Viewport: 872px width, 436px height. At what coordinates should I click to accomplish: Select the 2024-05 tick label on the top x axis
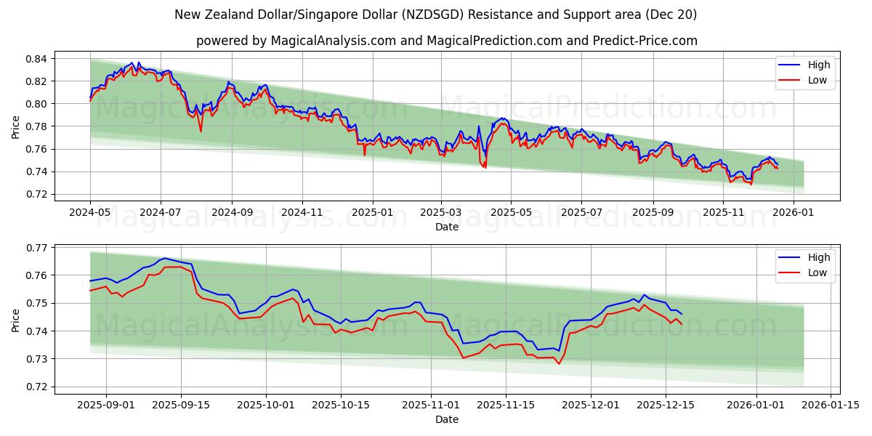tap(90, 212)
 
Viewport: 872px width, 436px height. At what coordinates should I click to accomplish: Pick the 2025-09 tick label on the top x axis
tap(653, 212)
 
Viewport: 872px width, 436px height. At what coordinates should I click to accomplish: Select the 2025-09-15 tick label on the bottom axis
tap(182, 405)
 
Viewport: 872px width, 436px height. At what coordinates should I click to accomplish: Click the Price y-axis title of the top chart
tap(16, 126)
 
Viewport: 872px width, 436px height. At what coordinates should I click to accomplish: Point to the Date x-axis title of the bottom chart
tap(446, 419)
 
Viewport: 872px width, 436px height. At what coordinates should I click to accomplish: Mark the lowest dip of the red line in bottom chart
tap(559, 363)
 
